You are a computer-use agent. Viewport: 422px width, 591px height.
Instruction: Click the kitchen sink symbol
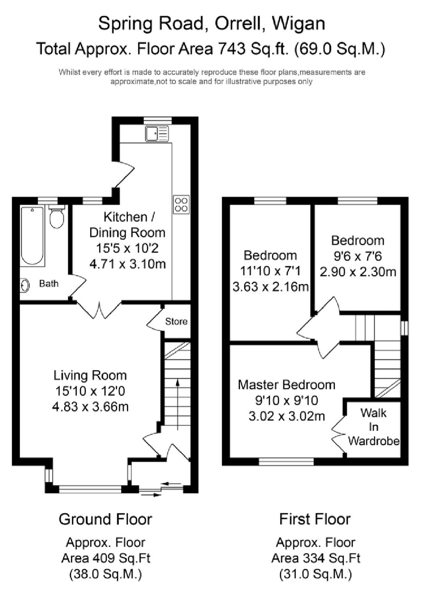point(157,133)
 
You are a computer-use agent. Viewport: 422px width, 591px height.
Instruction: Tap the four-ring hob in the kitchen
point(181,204)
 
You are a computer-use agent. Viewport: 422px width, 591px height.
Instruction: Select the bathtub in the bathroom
point(32,236)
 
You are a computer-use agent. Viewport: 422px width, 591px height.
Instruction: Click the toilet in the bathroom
point(57,218)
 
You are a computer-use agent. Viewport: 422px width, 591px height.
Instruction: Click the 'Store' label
point(176,321)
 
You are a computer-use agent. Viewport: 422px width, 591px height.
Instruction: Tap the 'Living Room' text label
point(90,375)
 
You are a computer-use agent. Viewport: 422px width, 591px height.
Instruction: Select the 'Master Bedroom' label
point(286,385)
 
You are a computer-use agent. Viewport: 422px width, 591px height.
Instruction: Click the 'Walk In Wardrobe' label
point(374,427)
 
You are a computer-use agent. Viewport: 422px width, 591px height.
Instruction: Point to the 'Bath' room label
point(49,283)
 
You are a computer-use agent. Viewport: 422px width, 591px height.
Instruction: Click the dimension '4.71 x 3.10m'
point(127,264)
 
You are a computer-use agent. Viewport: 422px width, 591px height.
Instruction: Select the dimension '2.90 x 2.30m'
point(358,272)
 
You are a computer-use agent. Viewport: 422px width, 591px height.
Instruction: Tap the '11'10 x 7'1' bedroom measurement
point(270,271)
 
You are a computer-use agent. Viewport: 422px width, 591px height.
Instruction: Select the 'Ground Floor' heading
point(105,519)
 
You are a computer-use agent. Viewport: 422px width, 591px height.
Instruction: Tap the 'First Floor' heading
point(315,519)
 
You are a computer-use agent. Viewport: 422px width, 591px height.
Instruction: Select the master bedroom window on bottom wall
point(286,462)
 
